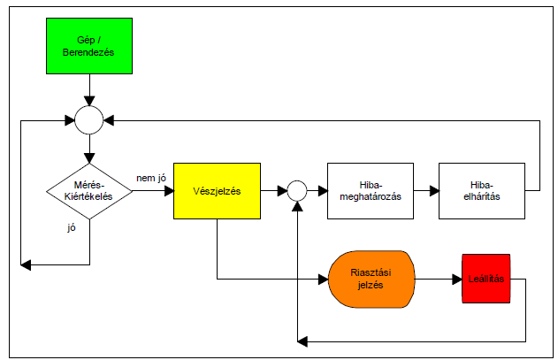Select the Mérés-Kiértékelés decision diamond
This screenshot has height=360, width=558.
pyautogui.click(x=89, y=191)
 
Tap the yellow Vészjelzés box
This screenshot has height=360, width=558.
pyautogui.click(x=217, y=190)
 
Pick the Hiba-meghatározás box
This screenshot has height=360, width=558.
pyautogui.click(x=371, y=190)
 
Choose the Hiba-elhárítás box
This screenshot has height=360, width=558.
pyautogui.click(x=481, y=190)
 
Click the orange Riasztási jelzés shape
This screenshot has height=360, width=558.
pyautogui.click(x=371, y=280)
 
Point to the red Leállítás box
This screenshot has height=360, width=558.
pyautogui.click(x=485, y=280)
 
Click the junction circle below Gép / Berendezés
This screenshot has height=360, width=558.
pyautogui.click(x=88, y=119)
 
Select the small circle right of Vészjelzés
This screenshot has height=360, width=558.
pyautogui.click(x=297, y=190)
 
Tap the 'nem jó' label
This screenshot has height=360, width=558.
pyautogui.click(x=152, y=178)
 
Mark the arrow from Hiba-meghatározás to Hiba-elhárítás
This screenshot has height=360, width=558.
pyautogui.click(x=426, y=190)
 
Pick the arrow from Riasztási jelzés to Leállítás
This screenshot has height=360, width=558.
pyautogui.click(x=438, y=280)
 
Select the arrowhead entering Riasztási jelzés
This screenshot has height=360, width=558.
pyautogui.click(x=323, y=280)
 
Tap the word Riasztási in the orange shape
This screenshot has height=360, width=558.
pyautogui.click(x=371, y=274)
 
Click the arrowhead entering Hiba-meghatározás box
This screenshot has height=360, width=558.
pyautogui.click(x=322, y=190)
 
